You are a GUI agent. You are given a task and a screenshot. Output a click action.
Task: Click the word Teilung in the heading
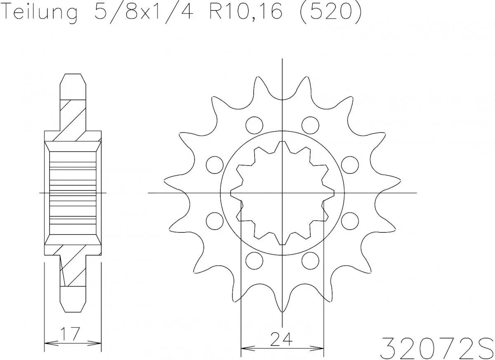tap(40, 12)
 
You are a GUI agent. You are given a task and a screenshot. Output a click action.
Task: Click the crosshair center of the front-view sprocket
tap(282, 193)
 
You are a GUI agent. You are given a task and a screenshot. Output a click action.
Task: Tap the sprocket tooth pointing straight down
tap(282, 309)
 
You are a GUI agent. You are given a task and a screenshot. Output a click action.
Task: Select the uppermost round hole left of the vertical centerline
tap(254, 124)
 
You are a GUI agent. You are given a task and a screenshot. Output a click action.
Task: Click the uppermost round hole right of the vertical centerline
tap(310, 124)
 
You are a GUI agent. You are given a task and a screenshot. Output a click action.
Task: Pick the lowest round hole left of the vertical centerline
tap(254, 261)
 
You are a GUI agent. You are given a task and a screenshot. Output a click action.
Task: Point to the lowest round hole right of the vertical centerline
tap(310, 261)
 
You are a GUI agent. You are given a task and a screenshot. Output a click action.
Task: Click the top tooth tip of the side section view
tap(73, 75)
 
